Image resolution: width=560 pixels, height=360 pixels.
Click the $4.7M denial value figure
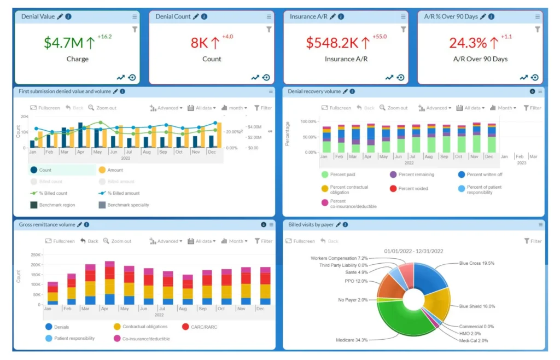pyautogui.click(x=63, y=43)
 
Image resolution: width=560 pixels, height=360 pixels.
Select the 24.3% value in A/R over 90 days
pyautogui.click(x=468, y=43)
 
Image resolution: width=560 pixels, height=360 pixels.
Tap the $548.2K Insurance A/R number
pyautogui.click(x=332, y=43)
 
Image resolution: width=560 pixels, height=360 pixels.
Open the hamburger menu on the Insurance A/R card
pyautogui.click(x=403, y=16)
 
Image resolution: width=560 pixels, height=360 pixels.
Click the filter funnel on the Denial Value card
pyautogui.click(x=135, y=29)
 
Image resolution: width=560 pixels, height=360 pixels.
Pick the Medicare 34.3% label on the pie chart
pyautogui.click(x=352, y=340)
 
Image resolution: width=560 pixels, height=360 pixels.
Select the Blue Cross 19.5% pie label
pyautogui.click(x=477, y=263)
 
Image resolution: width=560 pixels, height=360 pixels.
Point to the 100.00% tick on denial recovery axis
pyautogui.click(x=308, y=121)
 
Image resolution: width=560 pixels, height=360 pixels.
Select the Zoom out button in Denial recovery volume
pyautogui.click(x=394, y=108)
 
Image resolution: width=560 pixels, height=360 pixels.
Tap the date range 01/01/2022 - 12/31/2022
pyautogui.click(x=413, y=251)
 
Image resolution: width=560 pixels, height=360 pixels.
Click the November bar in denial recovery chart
pyautogui.click(x=476, y=138)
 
